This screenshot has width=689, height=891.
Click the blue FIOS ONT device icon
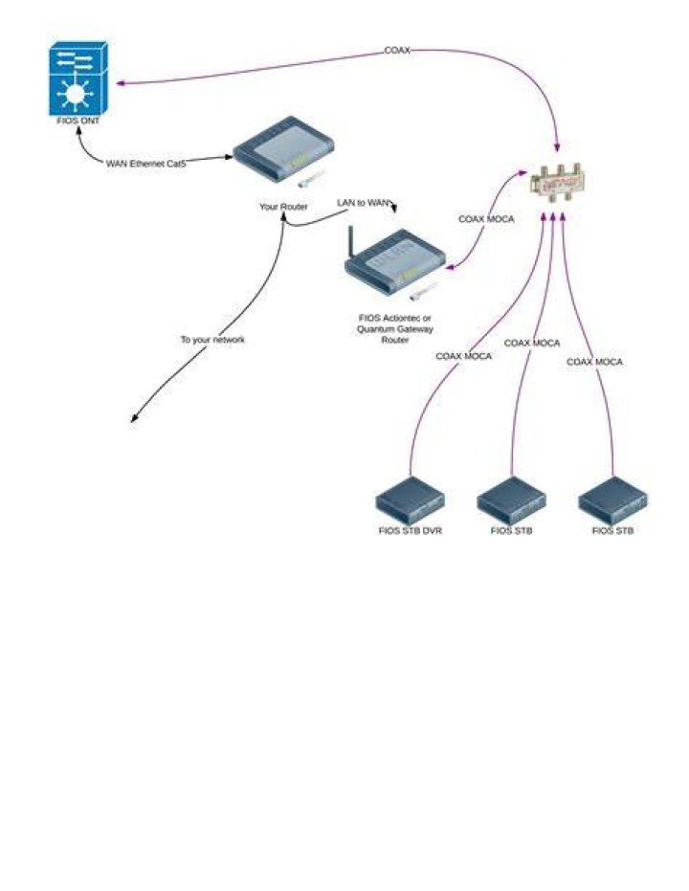pos(78,78)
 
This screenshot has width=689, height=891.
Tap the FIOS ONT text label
pos(78,121)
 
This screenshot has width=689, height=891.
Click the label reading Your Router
pos(283,207)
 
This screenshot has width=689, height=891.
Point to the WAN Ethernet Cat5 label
pos(146,164)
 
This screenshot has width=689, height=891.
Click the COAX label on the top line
pos(397,51)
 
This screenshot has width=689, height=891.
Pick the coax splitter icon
pos(558,183)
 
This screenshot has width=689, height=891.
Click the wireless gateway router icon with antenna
pos(395,261)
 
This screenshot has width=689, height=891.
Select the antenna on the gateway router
pos(351,242)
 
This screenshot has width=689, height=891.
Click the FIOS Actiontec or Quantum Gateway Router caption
pos(395,329)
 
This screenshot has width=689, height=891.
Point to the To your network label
pos(212,340)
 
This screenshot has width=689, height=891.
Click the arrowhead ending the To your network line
pos(134,418)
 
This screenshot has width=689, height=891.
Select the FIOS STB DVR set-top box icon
pos(411,501)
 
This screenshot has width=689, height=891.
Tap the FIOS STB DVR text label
pos(411,531)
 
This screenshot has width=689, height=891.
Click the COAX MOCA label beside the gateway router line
pos(486,219)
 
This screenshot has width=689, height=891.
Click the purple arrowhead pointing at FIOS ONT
pos(121,83)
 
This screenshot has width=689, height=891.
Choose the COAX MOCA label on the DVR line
pos(463,356)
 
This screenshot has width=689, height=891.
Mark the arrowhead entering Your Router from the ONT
pos(229,156)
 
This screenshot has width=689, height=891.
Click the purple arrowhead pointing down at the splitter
pos(557,147)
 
